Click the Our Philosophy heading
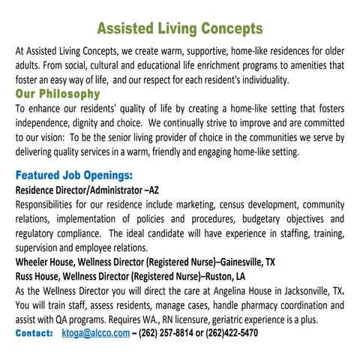pos(58,94)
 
